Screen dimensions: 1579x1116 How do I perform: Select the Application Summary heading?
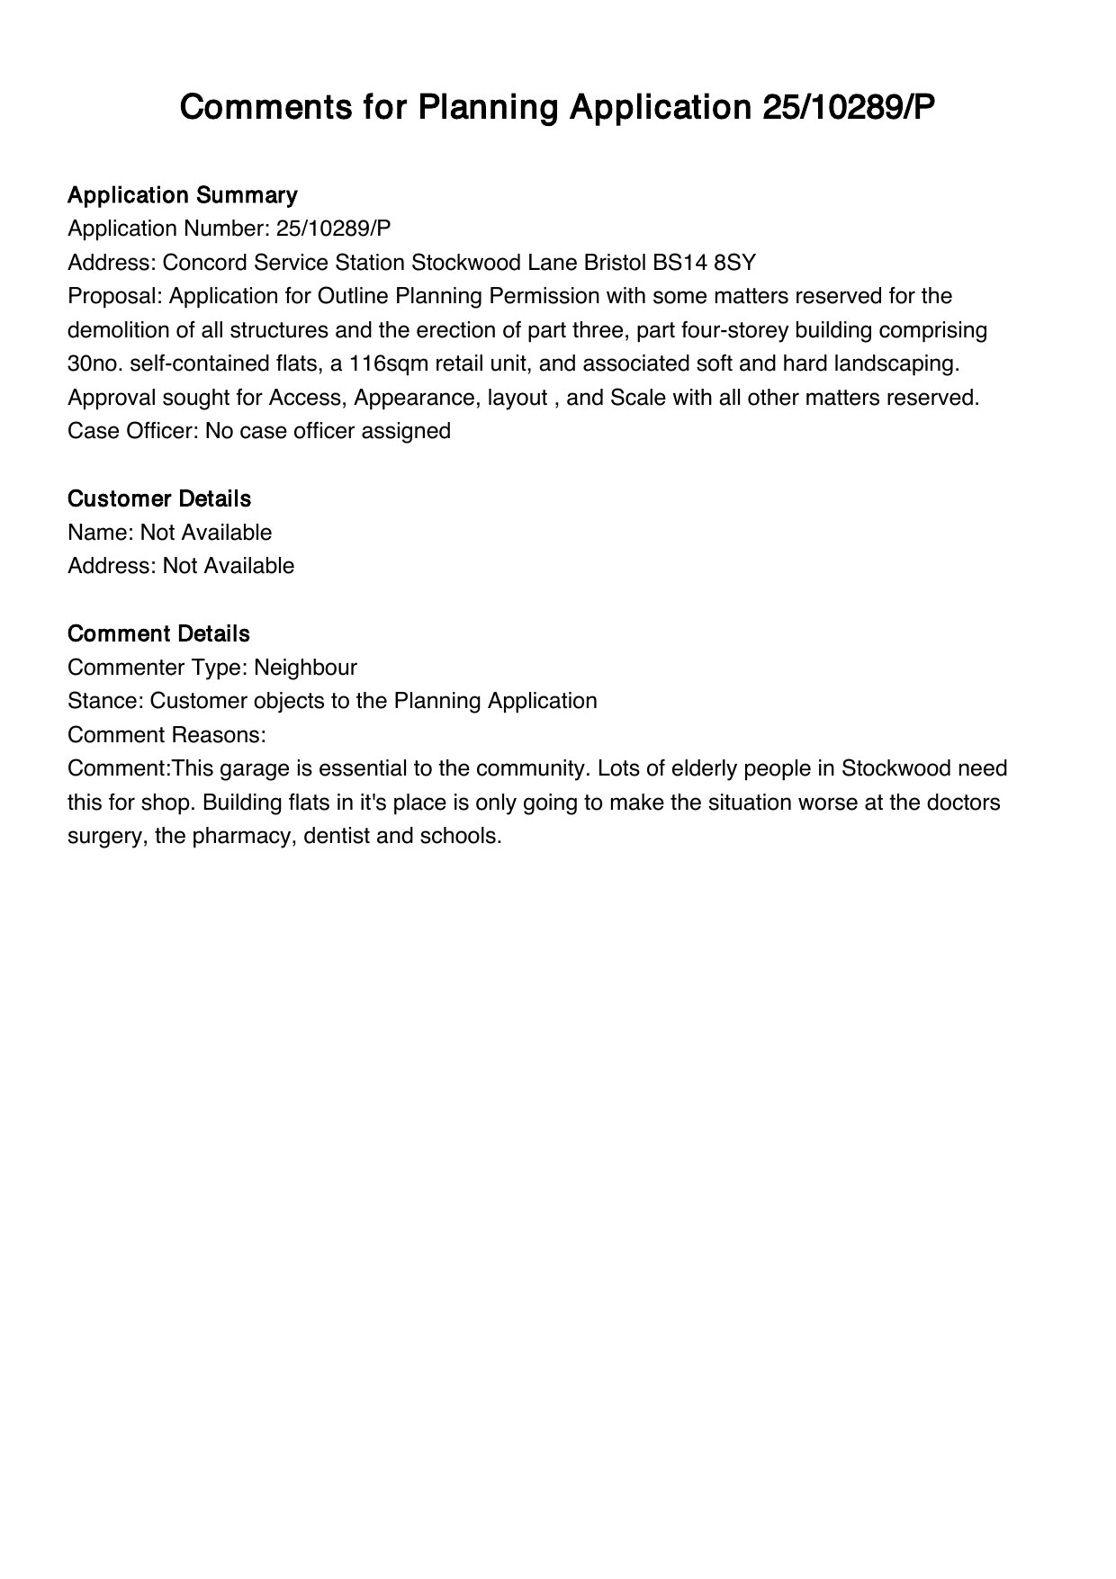click(183, 195)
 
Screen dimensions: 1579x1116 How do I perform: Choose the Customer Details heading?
click(159, 498)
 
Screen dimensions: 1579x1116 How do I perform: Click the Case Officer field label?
click(133, 431)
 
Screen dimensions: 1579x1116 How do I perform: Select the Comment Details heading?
click(158, 633)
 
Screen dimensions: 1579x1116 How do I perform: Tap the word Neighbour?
click(305, 668)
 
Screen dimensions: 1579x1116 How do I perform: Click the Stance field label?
click(105, 701)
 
